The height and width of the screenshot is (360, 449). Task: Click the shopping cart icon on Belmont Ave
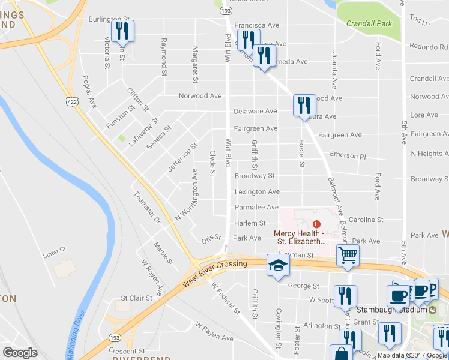point(348,256)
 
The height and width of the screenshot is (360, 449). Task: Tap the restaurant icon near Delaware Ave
point(304,106)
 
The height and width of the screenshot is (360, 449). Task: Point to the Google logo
point(20,353)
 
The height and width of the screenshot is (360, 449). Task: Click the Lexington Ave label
point(256,192)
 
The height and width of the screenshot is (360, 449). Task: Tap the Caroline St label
point(366,220)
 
